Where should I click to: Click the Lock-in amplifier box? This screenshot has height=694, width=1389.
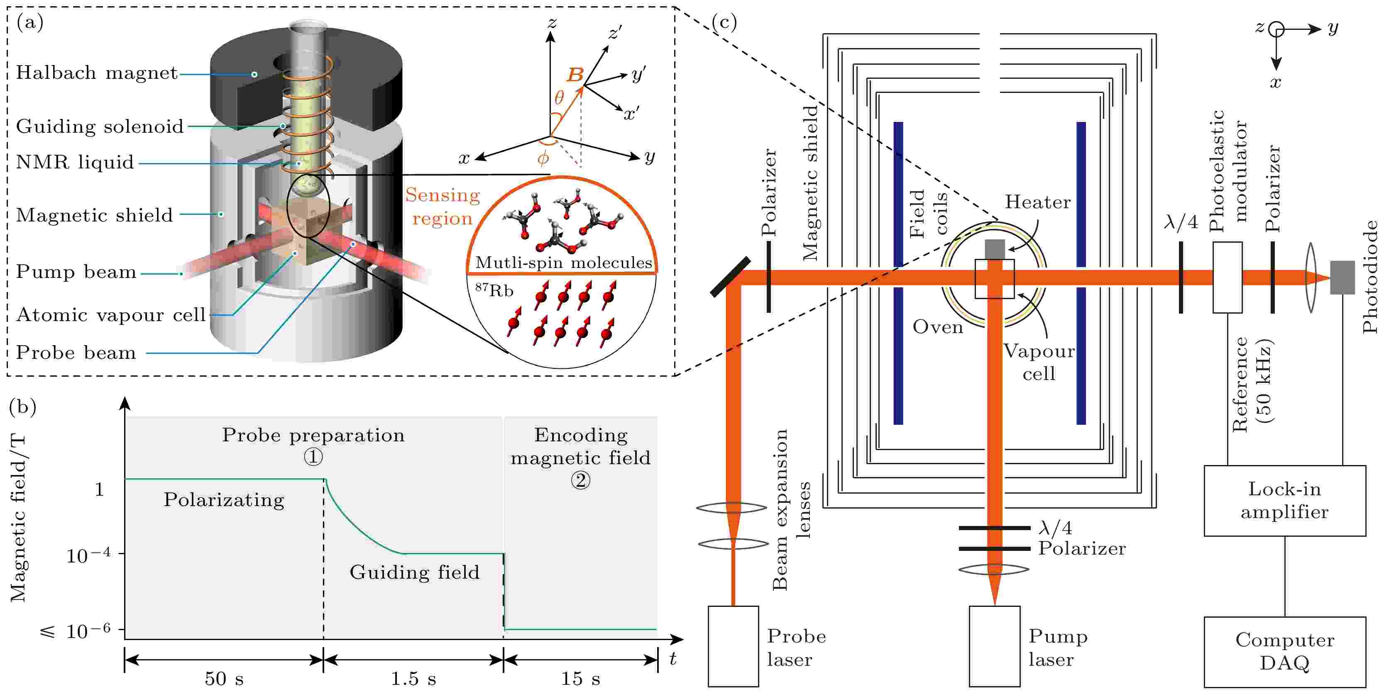pyautogui.click(x=1284, y=501)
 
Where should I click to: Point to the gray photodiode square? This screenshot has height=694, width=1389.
pyautogui.click(x=1342, y=278)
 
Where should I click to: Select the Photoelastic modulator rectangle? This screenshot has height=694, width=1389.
pyautogui.click(x=1227, y=277)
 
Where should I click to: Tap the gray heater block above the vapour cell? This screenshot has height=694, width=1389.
pyautogui.click(x=995, y=249)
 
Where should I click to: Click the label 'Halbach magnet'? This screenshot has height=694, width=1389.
pyautogui.click(x=97, y=73)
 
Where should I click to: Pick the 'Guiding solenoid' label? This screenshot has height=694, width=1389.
pyautogui.click(x=100, y=127)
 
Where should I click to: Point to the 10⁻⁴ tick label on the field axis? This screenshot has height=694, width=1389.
pyautogui.click(x=88, y=555)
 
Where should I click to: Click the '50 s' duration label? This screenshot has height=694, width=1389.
pyautogui.click(x=224, y=678)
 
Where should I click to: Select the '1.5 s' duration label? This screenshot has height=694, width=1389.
pyautogui.click(x=413, y=678)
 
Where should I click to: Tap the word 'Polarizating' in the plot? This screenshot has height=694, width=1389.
pyautogui.click(x=224, y=500)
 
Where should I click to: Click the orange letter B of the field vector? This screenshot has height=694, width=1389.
pyautogui.click(x=575, y=75)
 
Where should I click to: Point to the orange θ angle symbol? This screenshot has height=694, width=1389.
pyautogui.click(x=559, y=97)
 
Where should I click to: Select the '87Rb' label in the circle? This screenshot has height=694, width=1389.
pyautogui.click(x=494, y=290)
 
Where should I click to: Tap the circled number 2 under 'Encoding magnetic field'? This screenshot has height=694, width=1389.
pyautogui.click(x=581, y=480)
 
